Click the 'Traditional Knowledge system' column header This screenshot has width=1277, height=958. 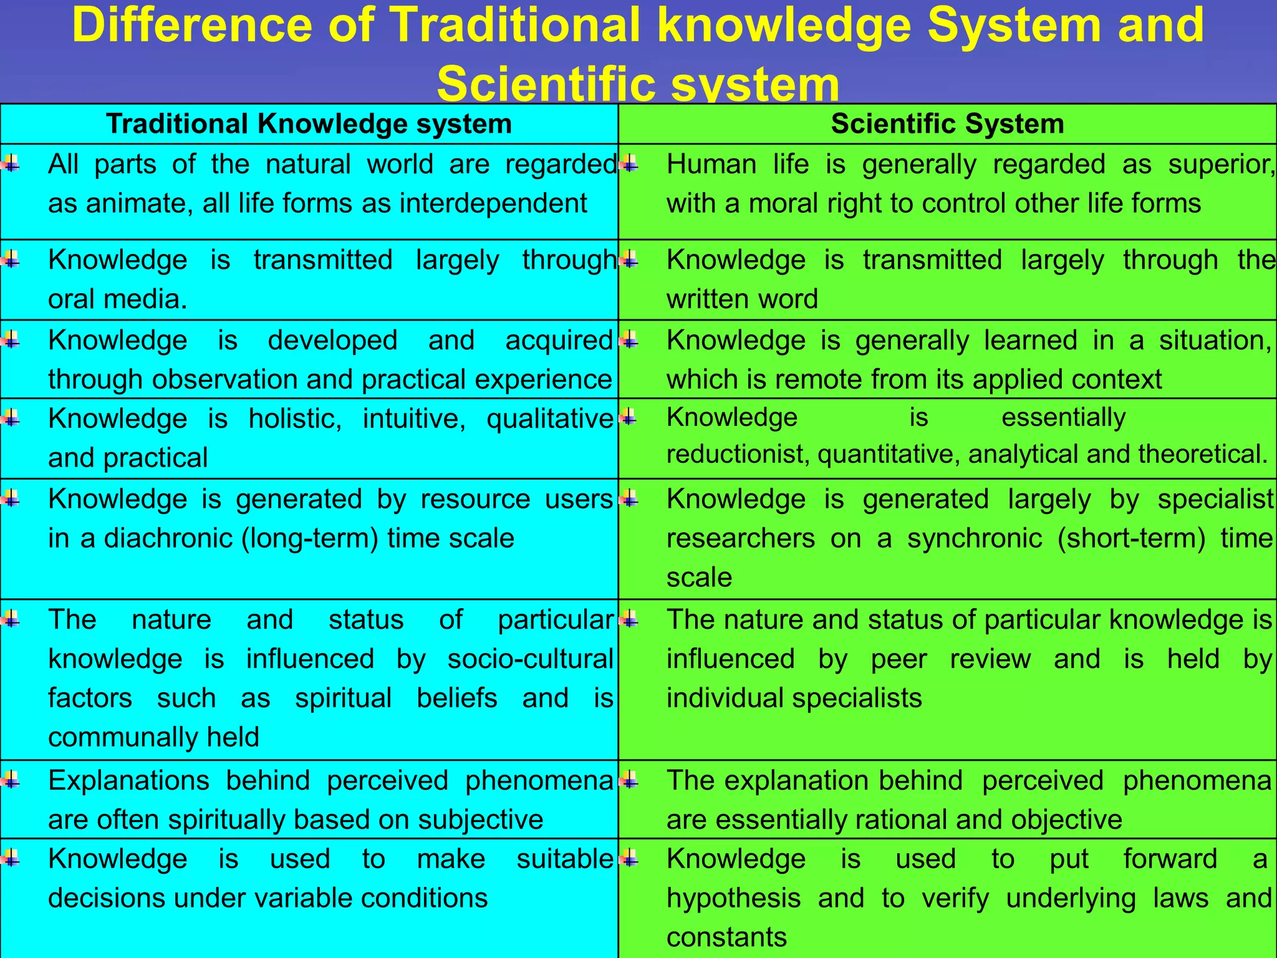coord(309,123)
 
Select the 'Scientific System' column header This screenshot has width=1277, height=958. coord(947,123)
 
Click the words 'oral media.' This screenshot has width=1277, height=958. coord(117,299)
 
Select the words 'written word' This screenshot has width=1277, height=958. coord(742,299)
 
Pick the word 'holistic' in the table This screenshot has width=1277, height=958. coord(295,419)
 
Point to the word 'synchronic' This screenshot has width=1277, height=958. coord(974,538)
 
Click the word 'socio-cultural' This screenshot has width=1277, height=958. coord(530,659)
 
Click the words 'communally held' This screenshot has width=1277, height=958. coord(153,737)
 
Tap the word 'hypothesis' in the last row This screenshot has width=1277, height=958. coord(733,899)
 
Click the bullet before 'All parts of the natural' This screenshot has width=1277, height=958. coord(11,165)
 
